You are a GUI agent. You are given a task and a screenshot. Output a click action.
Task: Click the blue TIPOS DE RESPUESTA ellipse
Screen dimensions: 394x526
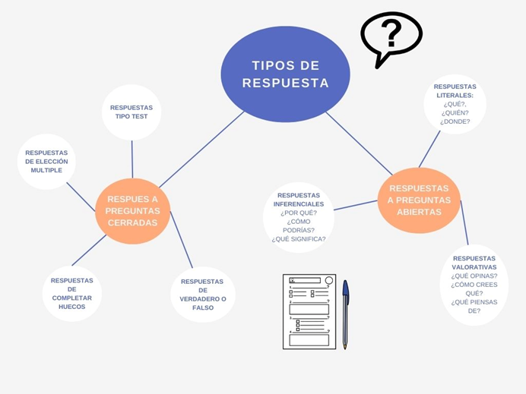[285, 74]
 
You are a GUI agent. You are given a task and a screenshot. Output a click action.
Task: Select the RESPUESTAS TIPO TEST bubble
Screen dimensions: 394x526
[131, 112]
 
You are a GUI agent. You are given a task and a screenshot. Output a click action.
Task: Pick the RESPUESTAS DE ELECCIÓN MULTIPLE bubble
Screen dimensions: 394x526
[46, 161]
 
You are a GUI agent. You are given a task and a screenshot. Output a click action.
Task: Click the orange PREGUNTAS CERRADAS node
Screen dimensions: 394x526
[132, 212]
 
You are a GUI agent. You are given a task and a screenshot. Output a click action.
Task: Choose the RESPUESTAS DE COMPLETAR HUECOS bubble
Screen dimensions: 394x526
[72, 294]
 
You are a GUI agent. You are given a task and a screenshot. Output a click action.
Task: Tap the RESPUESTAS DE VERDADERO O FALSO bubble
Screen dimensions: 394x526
[203, 295]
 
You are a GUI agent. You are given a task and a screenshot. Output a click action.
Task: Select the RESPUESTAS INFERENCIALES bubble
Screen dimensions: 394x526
[299, 217]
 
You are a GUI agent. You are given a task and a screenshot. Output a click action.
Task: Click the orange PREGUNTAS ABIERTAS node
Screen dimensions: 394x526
[419, 200]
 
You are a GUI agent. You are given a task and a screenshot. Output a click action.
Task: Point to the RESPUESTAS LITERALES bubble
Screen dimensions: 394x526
[455, 104]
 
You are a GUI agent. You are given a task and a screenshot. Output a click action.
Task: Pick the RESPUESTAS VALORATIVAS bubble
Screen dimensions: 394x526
[474, 285]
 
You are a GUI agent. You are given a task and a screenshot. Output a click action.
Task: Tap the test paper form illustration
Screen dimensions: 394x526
[309, 311]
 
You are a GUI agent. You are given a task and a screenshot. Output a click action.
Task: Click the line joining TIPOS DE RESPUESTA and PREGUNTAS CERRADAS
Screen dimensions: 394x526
[201, 150]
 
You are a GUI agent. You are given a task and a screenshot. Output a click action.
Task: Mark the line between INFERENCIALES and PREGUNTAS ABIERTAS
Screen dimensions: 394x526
[356, 205]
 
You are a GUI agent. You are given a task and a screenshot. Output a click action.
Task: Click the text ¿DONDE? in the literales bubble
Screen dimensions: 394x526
[455, 121]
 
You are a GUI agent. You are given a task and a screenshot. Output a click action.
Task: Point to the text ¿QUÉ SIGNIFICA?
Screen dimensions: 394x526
[299, 239]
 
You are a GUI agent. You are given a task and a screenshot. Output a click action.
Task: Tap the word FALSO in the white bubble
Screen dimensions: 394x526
[203, 308]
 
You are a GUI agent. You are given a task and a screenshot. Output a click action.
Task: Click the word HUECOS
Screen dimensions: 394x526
[72, 307]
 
